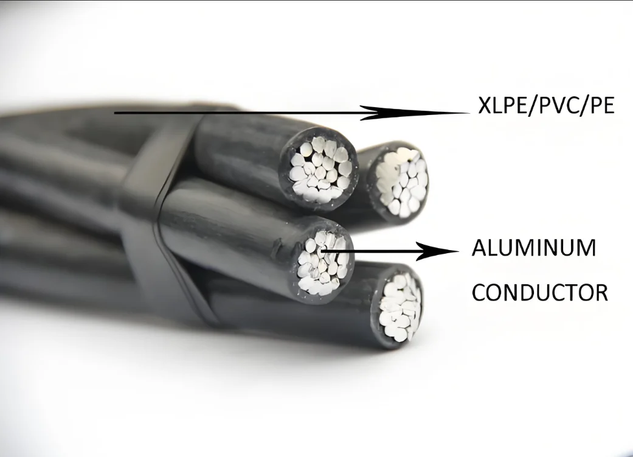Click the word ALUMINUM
pyautogui.click(x=534, y=248)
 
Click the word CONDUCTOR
pyautogui.click(x=540, y=293)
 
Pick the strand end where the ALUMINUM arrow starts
pyautogui.click(x=321, y=251)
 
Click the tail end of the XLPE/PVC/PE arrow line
pyautogui.click(x=115, y=113)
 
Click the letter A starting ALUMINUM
pyautogui.click(x=479, y=248)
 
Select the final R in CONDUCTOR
pyautogui.click(x=601, y=293)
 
